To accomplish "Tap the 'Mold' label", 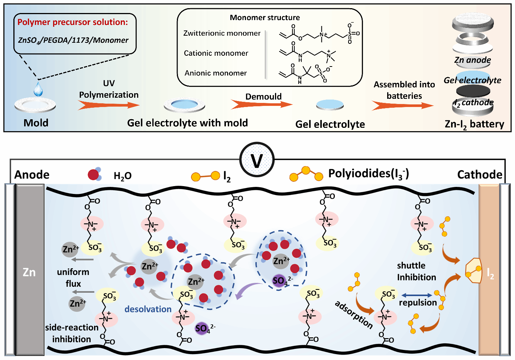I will [x=36, y=123].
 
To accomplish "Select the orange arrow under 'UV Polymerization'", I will [x=108, y=106].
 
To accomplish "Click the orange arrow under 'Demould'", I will [x=262, y=104].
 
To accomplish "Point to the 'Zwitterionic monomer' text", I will [x=222, y=33].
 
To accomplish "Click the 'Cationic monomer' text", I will [x=216, y=53].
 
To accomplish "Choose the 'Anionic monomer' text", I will [x=216, y=73].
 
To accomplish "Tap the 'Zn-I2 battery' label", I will [x=474, y=124].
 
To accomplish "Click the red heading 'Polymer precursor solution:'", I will [x=72, y=22].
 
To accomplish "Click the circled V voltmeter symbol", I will [x=257, y=160].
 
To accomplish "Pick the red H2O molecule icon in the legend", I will [x=94, y=174].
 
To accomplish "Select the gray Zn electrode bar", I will [x=30, y=271].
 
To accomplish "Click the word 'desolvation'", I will [x=148, y=309].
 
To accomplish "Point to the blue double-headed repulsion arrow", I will [x=417, y=295].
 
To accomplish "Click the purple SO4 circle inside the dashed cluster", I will [x=279, y=280].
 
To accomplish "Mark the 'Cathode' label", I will [x=479, y=175].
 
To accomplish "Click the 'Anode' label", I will [x=32, y=175].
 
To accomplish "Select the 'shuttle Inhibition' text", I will [x=416, y=271].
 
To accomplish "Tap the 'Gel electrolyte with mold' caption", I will [x=187, y=123].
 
